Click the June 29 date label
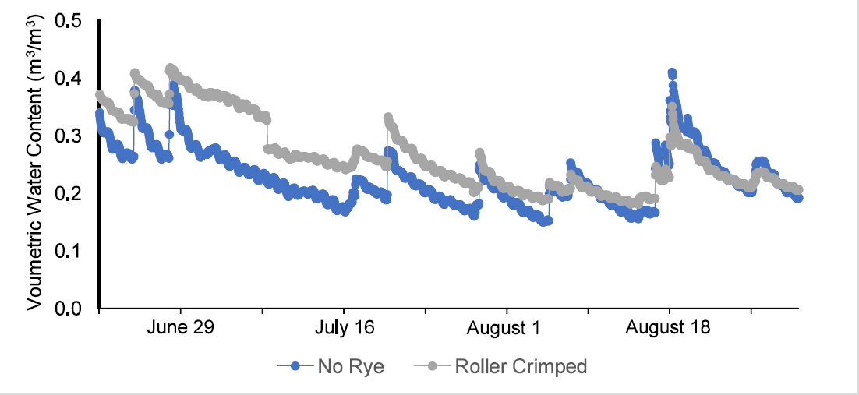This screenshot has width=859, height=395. pyautogui.click(x=180, y=327)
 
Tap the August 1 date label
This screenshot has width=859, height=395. pyautogui.click(x=504, y=327)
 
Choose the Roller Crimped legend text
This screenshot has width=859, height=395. pyautogui.click(x=521, y=366)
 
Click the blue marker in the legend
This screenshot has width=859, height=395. pyautogui.click(x=295, y=366)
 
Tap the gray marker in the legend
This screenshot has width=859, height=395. pyautogui.click(x=430, y=366)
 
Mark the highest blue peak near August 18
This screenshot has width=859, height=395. pyautogui.click(x=672, y=72)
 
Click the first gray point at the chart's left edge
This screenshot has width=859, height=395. pyautogui.click(x=100, y=95)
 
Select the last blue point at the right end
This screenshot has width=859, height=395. pyautogui.click(x=797, y=198)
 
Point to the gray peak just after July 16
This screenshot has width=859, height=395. pyautogui.click(x=388, y=118)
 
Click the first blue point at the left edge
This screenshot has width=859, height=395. pyautogui.click(x=99, y=113)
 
